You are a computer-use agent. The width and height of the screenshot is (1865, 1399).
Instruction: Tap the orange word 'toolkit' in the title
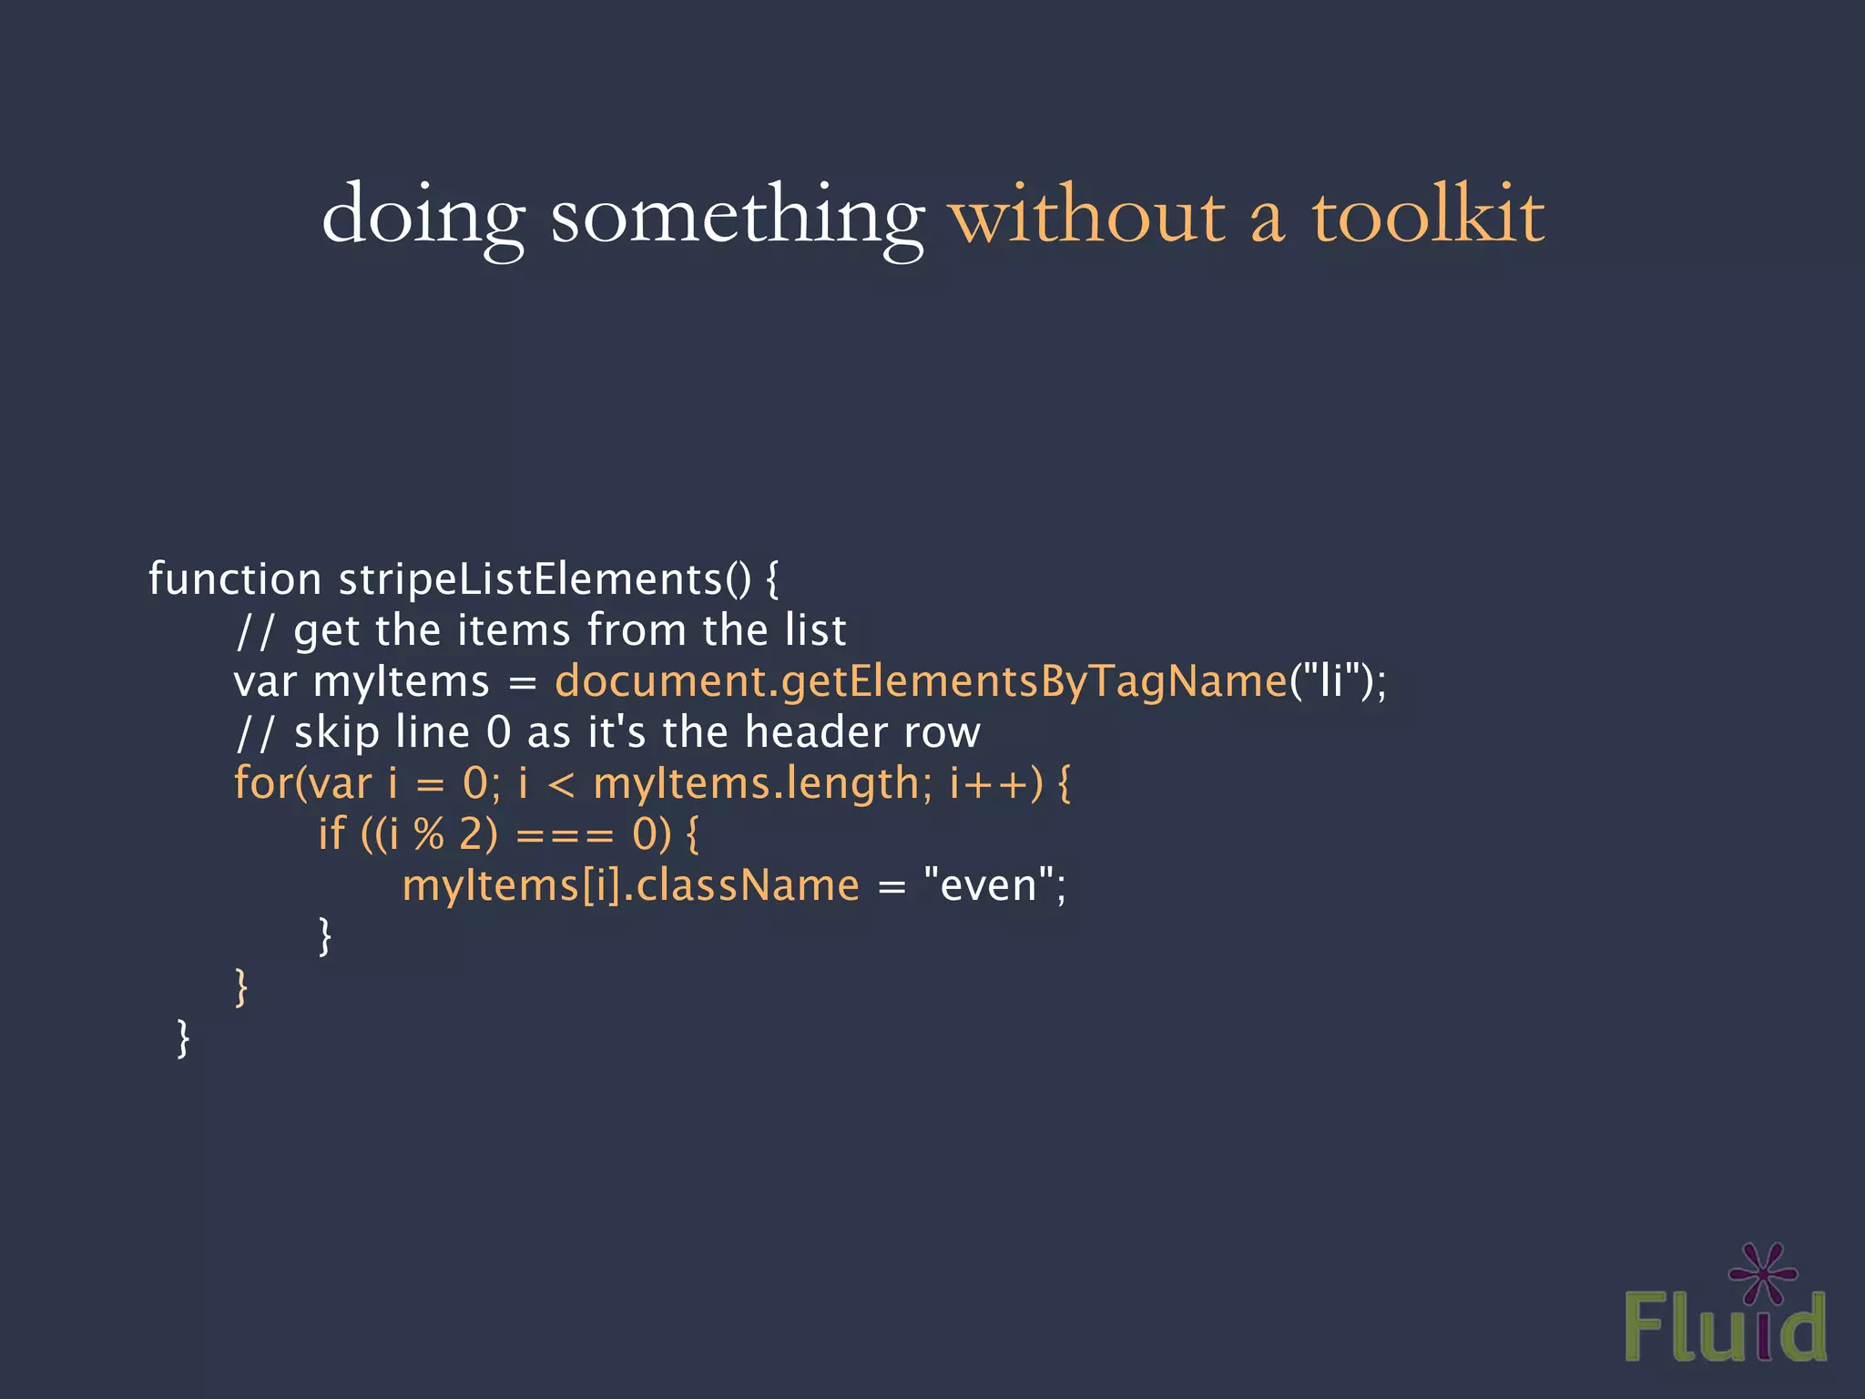tap(1427, 215)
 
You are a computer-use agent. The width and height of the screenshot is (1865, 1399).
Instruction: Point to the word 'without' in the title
tap(1087, 217)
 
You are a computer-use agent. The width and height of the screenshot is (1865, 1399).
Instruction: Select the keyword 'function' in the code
tap(235, 579)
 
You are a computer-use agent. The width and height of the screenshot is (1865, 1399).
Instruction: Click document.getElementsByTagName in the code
tap(921, 681)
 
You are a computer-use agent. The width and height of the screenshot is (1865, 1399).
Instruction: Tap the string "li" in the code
tap(1332, 681)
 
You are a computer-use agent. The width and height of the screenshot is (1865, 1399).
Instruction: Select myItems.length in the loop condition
tap(756, 783)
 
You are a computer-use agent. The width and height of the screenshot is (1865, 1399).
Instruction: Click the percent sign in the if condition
tap(429, 834)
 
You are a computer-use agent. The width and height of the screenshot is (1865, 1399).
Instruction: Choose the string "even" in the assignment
tap(988, 885)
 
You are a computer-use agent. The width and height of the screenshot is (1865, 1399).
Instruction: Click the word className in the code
tap(748, 885)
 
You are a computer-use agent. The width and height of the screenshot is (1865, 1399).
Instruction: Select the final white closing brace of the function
tap(183, 1038)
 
